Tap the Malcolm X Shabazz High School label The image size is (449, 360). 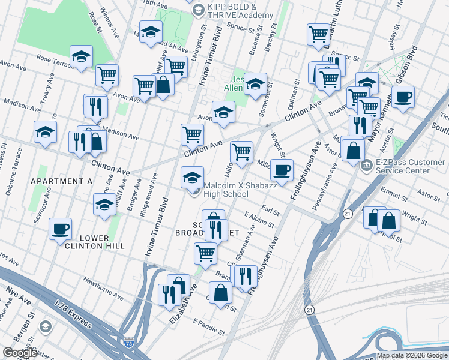coord(226,190)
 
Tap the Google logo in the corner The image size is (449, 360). coord(20,353)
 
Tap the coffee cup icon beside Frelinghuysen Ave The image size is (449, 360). coord(282,170)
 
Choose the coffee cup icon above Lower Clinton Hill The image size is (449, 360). coord(60,228)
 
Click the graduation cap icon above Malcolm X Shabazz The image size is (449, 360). coord(192,177)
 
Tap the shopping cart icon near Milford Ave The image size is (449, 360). coord(241,152)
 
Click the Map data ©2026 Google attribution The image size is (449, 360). coord(412,356)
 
